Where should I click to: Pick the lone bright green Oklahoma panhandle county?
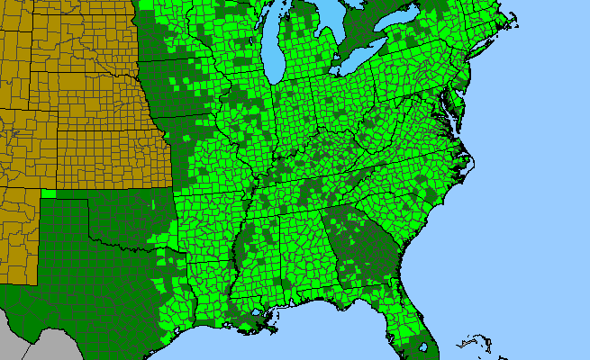coord(48,193)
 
